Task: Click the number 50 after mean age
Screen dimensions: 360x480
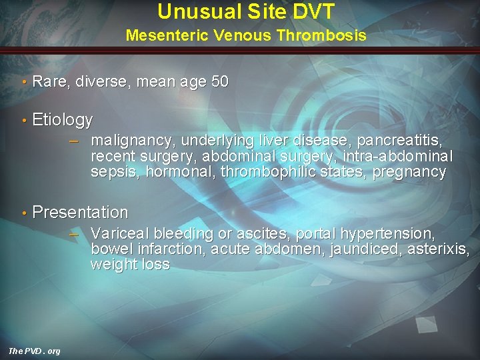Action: point(219,82)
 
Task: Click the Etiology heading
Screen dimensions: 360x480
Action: point(63,120)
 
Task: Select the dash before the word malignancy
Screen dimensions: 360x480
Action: point(75,140)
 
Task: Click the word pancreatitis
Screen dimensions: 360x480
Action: point(396,141)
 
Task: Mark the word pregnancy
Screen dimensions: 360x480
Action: point(409,172)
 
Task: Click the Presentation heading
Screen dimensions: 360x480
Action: point(80,213)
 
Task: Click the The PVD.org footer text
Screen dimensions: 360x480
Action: point(34,351)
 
